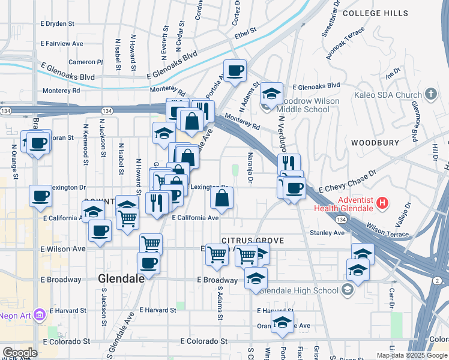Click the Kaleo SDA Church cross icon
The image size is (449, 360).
(430, 94)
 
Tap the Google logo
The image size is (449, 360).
(20, 353)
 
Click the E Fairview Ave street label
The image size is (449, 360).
(62, 44)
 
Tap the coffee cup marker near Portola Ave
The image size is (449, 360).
(235, 70)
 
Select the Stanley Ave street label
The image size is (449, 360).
(327, 233)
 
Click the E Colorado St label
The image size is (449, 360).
(204, 341)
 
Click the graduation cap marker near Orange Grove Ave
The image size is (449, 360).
(282, 322)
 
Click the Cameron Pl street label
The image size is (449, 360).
(86, 62)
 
